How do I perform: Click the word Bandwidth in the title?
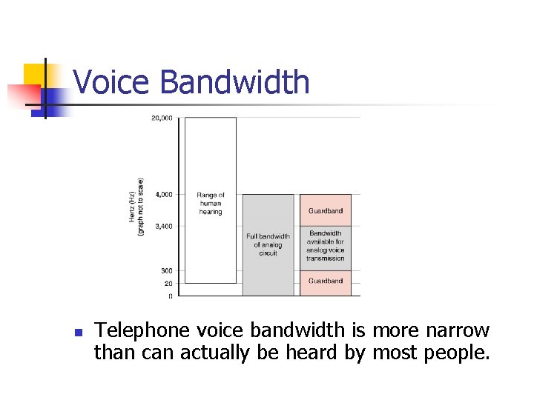click(234, 81)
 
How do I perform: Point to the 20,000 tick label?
click(162, 119)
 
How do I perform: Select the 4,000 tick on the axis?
click(163, 195)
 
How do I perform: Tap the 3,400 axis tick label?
click(163, 226)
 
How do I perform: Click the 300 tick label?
click(166, 271)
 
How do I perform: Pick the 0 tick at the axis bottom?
click(170, 296)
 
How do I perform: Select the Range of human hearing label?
click(211, 204)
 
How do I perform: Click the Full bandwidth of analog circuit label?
click(268, 244)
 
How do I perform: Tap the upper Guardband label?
click(326, 211)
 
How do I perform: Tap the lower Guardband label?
click(326, 281)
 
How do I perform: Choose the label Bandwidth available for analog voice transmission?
click(326, 246)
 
